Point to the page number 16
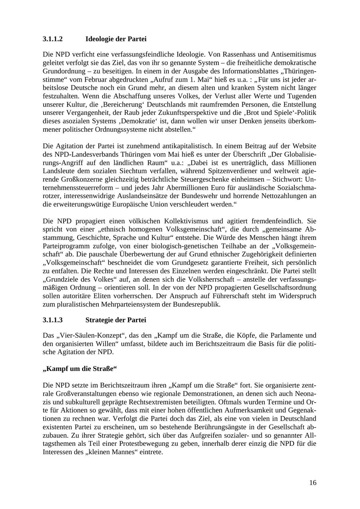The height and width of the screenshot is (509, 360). tap(312, 483)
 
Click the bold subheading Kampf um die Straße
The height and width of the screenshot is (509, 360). tap(80, 369)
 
